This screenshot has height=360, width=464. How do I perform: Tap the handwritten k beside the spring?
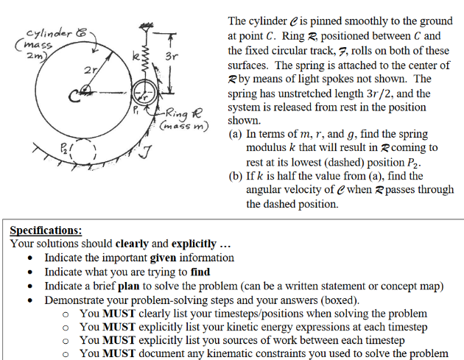tap(134, 56)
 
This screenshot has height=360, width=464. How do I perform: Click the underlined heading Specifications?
tap(46, 230)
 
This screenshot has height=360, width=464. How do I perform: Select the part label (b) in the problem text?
tap(236, 175)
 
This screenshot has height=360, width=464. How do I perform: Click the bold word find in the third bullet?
tap(200, 272)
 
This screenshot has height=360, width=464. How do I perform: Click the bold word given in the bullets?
tap(163, 258)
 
